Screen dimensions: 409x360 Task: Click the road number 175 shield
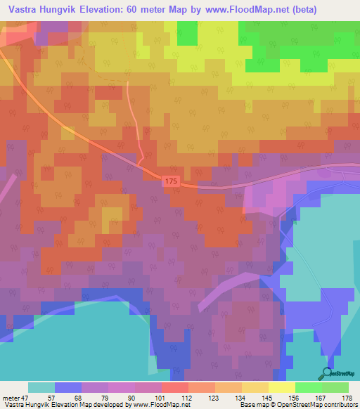(173, 181)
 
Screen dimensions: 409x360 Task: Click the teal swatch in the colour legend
(41, 387)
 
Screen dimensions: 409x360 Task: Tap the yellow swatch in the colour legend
(281, 387)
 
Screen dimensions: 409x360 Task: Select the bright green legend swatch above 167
(308, 387)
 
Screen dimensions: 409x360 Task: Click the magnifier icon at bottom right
(325, 372)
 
